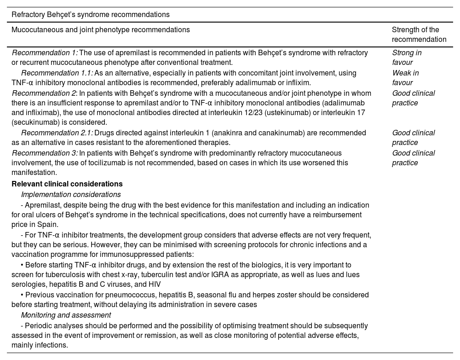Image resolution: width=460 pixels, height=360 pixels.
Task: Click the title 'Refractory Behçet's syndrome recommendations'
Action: pyautogui.click(x=91, y=15)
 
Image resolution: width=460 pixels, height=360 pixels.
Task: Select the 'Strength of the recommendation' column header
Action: pyautogui.click(x=419, y=35)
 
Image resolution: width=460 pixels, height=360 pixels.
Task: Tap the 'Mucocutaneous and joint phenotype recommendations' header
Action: pyautogui.click(x=100, y=30)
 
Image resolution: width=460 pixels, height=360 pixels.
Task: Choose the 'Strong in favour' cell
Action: pyautogui.click(x=407, y=58)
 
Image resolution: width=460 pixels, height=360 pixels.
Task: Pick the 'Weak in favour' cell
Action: pyautogui.click(x=405, y=78)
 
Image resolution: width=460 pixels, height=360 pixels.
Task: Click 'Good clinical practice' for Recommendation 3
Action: pyautogui.click(x=413, y=158)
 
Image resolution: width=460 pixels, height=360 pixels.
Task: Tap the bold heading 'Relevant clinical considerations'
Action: pyautogui.click(x=67, y=184)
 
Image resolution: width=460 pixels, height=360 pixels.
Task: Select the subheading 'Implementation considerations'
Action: pyautogui.click(x=71, y=195)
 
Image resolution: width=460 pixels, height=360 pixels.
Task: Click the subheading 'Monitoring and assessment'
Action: pyautogui.click(x=66, y=315)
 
